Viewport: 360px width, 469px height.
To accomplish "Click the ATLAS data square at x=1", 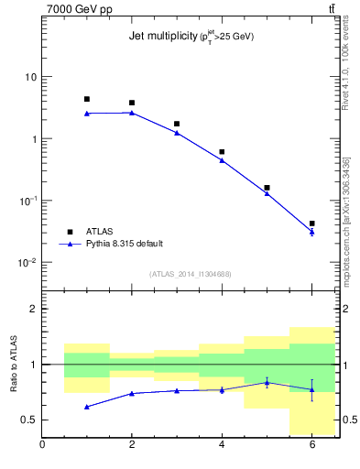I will [87, 99].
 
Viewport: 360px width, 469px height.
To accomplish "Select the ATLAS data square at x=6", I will [311, 224].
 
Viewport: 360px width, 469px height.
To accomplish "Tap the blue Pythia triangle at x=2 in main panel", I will [132, 113].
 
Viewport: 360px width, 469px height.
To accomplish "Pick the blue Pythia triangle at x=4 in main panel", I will [222, 160].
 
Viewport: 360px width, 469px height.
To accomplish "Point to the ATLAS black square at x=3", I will [177, 124].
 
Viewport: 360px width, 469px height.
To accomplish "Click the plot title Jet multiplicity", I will [191, 37].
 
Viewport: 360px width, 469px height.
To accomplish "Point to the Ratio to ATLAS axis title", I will [16, 364].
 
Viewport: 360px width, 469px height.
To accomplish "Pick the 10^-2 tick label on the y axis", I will [27, 263].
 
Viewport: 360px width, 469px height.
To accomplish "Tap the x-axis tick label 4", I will [222, 445].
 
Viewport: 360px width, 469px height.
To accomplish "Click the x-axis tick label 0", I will [42, 445].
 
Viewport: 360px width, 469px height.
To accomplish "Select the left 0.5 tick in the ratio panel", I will [29, 420].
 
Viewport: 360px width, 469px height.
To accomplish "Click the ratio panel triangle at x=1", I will [87, 406].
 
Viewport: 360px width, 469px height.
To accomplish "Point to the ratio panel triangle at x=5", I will [267, 382].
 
